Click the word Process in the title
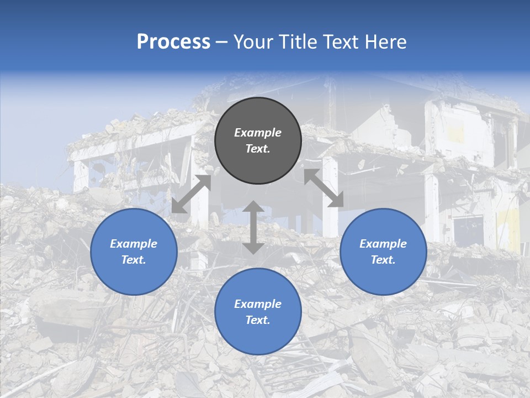click(173, 42)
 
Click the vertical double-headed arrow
click(253, 227)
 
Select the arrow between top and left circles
click(191, 193)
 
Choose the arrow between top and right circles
click(324, 188)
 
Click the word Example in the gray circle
click(258, 133)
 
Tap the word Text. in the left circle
click(134, 260)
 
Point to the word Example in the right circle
click(383, 244)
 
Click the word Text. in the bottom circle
click(258, 320)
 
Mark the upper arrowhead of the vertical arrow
click(253, 207)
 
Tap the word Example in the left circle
click(134, 244)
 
